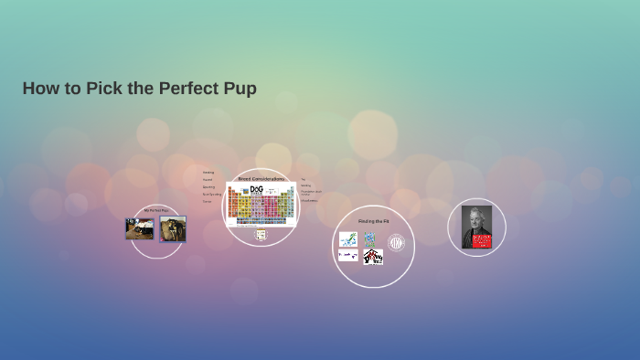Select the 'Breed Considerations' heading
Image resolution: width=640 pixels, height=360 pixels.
coord(261,178)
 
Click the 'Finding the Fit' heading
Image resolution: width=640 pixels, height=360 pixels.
coord(372,221)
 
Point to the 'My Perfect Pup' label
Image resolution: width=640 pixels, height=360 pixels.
coord(156,210)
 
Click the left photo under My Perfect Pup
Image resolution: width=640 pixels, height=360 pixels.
coord(139,228)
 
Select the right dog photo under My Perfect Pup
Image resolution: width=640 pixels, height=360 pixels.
coord(173,228)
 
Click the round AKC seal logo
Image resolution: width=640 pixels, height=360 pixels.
coord(396,242)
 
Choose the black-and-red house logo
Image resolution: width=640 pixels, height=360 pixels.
coord(373,257)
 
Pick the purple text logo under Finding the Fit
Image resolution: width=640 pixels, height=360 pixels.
coord(348,256)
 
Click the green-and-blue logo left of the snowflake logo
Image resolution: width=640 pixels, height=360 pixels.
coord(348,239)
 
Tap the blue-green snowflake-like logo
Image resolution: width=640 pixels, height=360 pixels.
coord(370,239)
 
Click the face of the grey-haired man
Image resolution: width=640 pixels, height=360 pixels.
coord(476,220)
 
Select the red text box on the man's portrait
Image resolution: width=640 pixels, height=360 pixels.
coord(482,241)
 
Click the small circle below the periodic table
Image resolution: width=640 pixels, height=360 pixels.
coord(261,235)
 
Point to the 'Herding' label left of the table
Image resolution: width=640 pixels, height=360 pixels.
coord(208,172)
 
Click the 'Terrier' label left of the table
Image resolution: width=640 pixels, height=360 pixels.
coord(208,201)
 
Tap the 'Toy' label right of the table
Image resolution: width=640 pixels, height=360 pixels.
coord(303,179)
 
